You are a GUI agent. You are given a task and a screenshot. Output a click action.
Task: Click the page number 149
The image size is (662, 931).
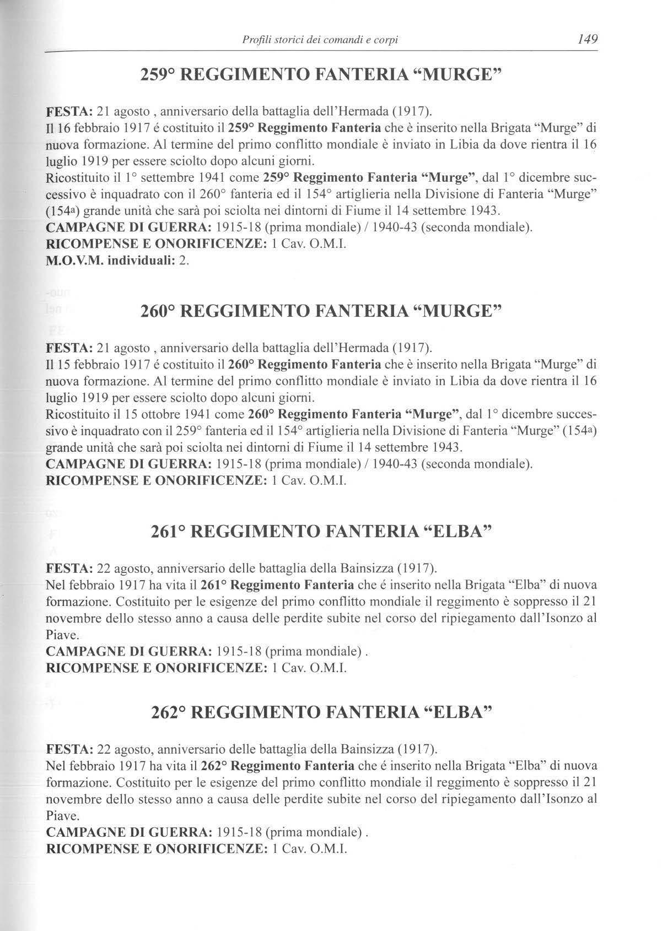click(x=586, y=39)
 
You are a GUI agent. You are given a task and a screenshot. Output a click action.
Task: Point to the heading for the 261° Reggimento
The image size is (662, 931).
click(x=321, y=532)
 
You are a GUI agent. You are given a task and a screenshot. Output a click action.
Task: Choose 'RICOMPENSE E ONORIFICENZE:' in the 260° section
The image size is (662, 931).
click(x=157, y=480)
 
